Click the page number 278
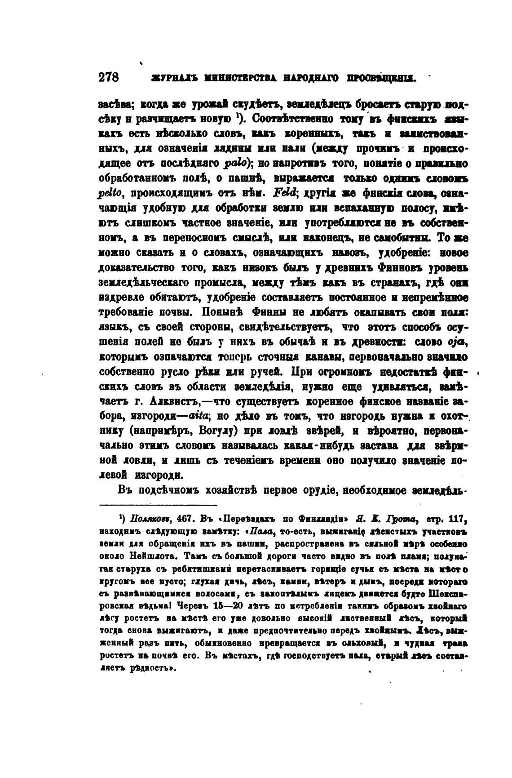click(x=108, y=77)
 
